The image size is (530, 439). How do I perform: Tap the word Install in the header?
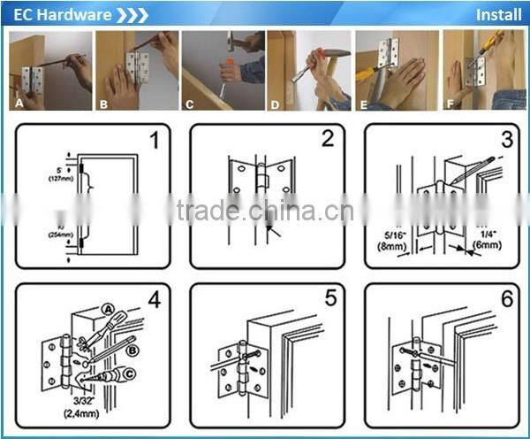coord(498,14)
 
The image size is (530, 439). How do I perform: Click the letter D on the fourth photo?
coord(275,104)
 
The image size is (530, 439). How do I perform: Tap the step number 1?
coord(155,141)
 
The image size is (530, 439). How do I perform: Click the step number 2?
coord(328,139)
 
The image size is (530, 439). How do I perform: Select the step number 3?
coord(505,139)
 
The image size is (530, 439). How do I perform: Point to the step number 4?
coord(155,300)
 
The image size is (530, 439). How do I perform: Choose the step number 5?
coord(329,298)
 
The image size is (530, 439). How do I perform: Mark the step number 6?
coord(505,298)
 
